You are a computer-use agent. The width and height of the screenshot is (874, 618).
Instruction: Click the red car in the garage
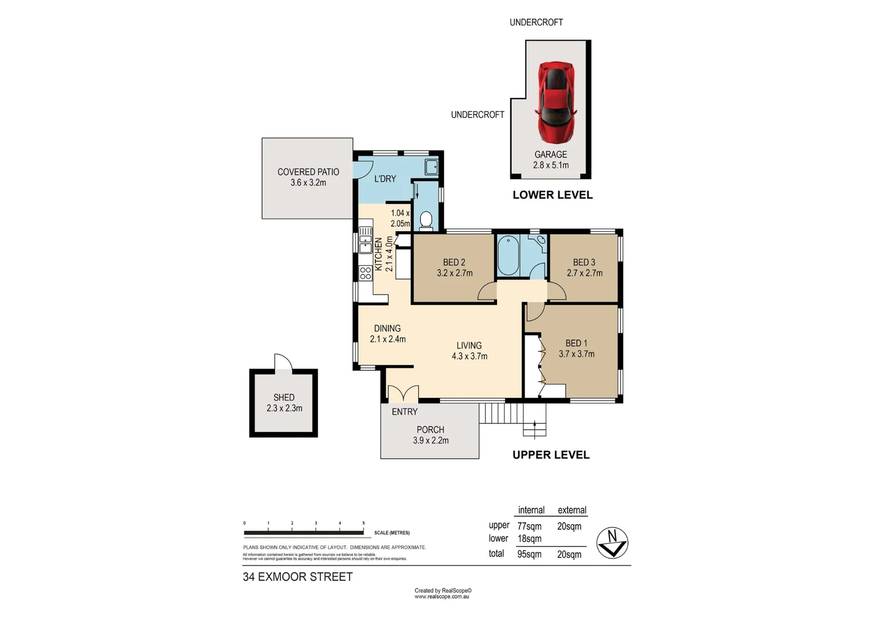tap(555, 102)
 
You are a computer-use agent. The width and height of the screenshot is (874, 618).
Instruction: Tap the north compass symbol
tap(612, 542)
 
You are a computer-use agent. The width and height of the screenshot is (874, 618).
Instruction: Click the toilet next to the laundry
tap(426, 220)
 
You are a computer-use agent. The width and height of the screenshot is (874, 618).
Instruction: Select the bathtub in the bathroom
tap(508, 256)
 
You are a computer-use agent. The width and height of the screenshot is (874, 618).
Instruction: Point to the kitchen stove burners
tap(366, 273)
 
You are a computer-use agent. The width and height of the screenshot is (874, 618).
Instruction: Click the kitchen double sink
tap(365, 240)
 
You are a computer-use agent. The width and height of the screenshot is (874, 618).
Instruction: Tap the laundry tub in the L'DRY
tap(431, 167)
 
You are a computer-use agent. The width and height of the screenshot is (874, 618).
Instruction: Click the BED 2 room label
tap(454, 262)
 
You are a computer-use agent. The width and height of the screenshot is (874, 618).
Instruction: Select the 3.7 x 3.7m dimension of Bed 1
tap(577, 354)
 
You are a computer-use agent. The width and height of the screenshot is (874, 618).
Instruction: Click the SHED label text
tap(284, 397)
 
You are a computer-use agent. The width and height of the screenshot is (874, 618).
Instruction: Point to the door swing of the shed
tap(283, 363)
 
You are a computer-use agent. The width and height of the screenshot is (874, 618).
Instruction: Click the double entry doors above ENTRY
tap(403, 393)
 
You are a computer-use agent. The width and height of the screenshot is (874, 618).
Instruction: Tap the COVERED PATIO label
tap(308, 172)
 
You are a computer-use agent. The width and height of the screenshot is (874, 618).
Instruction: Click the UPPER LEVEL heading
tap(551, 455)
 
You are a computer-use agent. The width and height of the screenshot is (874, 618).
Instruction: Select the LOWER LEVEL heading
tap(553, 195)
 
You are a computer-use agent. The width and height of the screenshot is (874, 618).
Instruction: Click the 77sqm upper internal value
tap(529, 526)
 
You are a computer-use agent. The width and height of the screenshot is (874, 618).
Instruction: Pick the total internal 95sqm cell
tap(529, 554)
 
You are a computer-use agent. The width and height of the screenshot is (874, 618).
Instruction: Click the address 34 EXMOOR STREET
tap(297, 577)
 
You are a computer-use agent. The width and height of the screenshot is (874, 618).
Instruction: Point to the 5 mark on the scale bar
tap(363, 524)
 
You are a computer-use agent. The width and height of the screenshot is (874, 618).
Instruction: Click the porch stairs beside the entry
tap(500, 413)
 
